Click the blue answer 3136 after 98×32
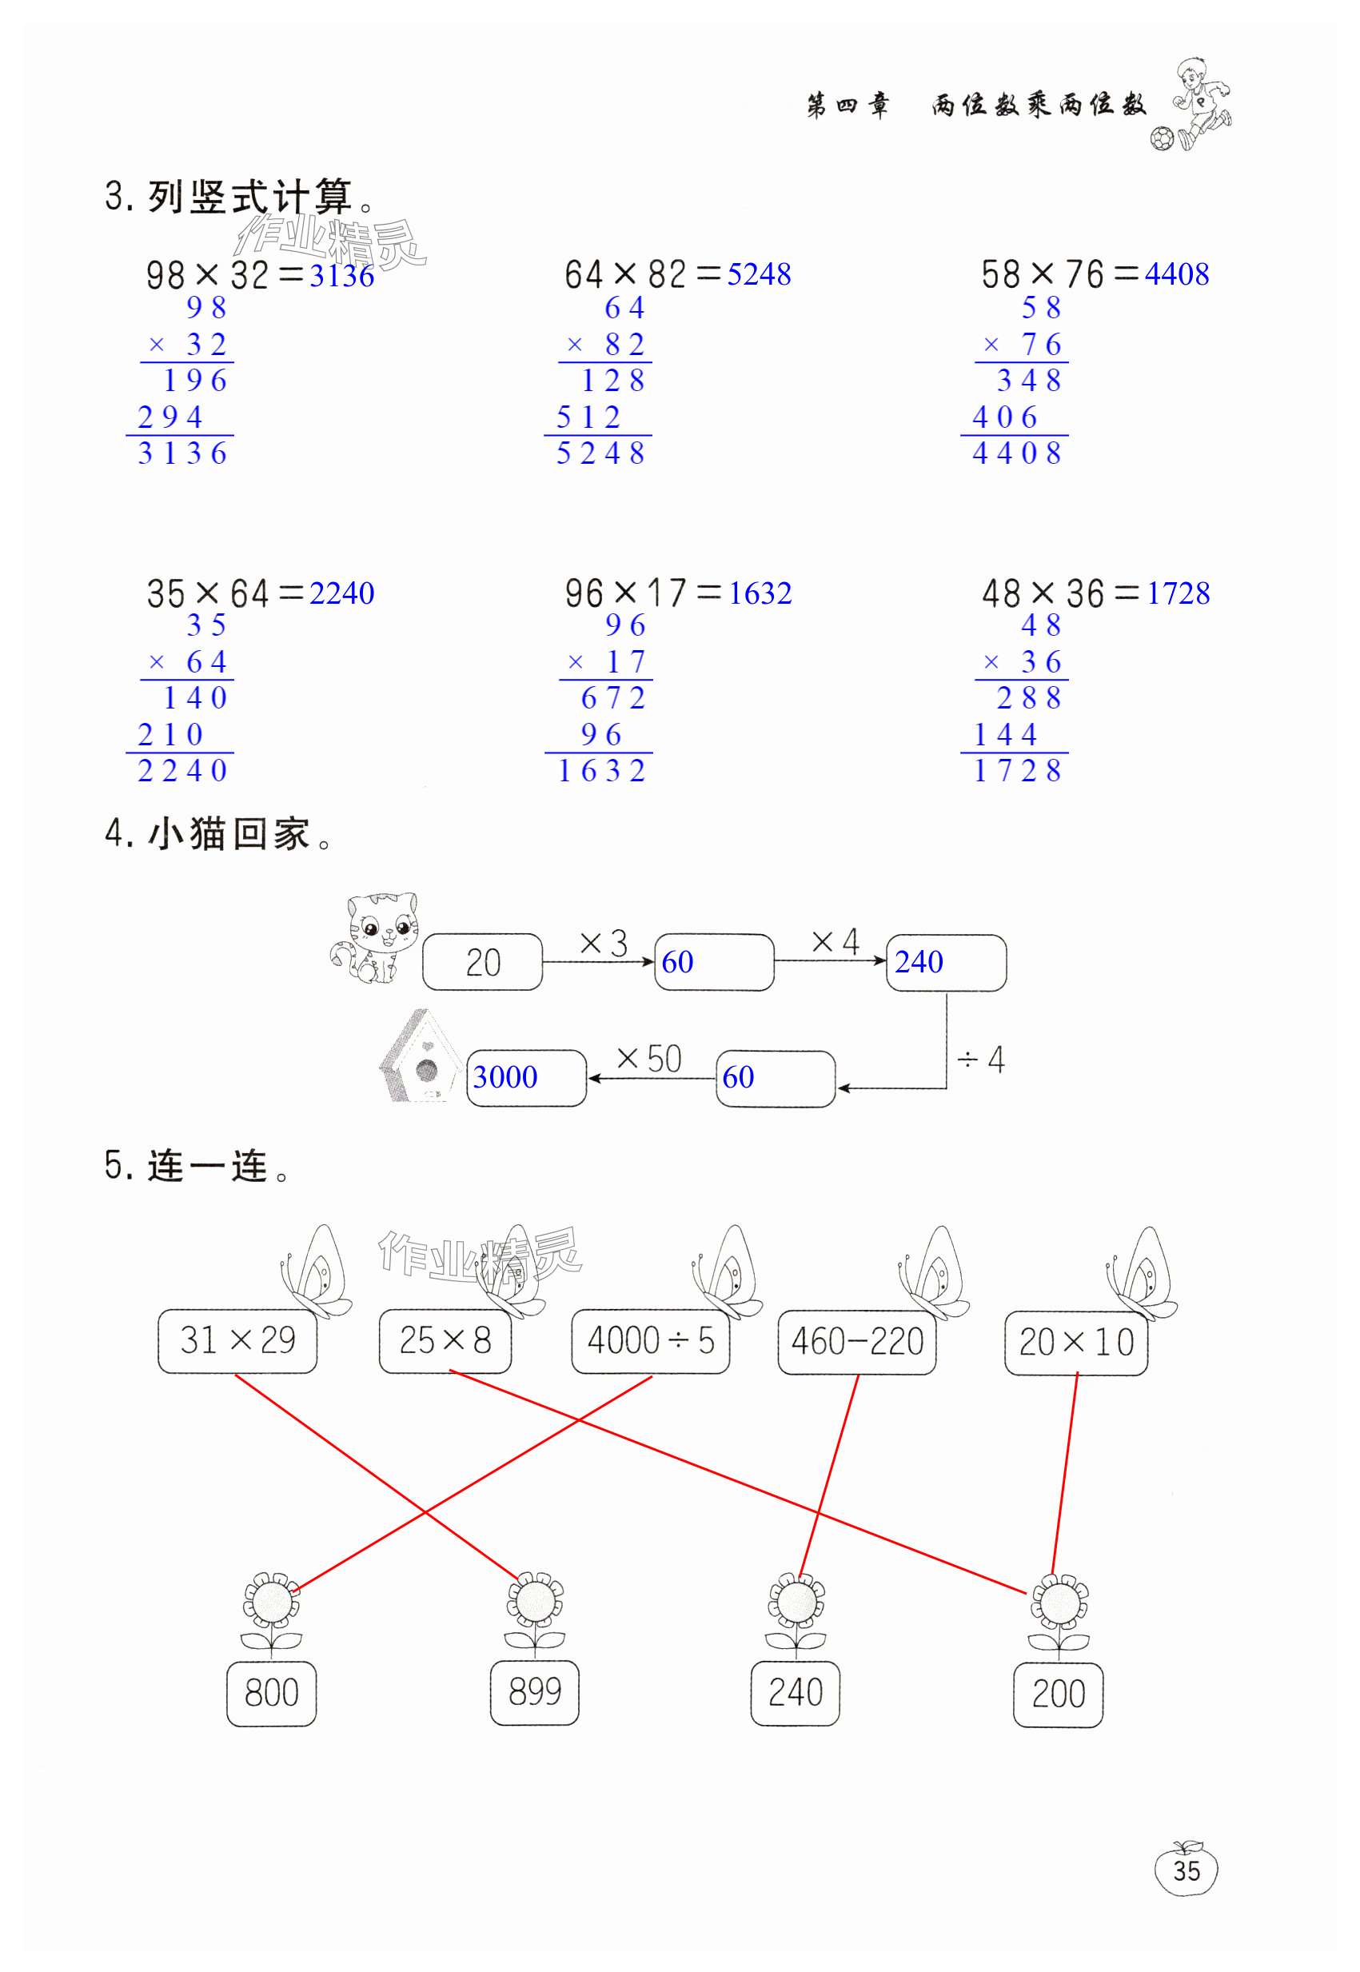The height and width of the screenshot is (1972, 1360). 341,276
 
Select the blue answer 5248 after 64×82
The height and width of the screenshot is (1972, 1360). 759,274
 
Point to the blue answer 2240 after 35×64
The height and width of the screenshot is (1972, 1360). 341,593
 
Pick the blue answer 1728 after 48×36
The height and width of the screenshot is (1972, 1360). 1178,593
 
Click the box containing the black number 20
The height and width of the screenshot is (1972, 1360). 482,962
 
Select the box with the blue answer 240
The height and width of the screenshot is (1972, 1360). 946,963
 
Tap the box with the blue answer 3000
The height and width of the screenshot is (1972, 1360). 526,1078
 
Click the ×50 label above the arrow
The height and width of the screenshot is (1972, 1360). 648,1060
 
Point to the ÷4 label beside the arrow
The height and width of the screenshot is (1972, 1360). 981,1060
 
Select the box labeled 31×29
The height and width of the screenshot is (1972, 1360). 237,1340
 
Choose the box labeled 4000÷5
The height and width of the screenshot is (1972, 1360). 650,1340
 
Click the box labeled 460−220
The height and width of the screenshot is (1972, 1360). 856,1342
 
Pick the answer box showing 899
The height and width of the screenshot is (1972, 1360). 534,1692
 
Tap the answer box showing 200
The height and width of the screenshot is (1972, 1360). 1058,1694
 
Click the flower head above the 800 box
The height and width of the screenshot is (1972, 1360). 271,1600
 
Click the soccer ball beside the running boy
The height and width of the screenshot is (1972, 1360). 1162,138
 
